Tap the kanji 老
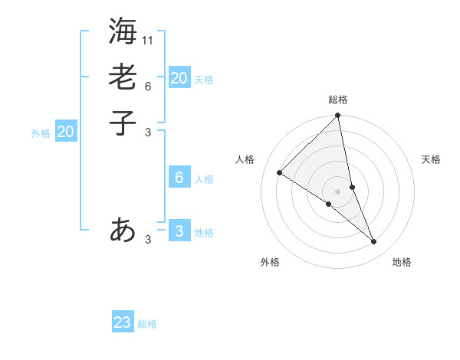pos(123,77)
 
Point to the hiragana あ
pos(123,230)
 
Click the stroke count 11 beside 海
pos(148,40)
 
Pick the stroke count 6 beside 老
pos(148,86)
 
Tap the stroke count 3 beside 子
pos(148,132)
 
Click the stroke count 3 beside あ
pos(148,240)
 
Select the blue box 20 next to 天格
pos(179,78)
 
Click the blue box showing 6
pos(179,178)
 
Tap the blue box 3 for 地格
pos(179,231)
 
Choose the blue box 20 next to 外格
pos(66,132)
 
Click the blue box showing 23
pos(123,322)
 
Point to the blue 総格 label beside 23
pos(148,324)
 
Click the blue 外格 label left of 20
pos(41,133)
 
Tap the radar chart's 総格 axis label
pos(338,100)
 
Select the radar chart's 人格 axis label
pos(245,159)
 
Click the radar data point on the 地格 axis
pos(374,241)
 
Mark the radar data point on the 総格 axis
pos(338,116)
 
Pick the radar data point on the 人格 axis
pos(280,173)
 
